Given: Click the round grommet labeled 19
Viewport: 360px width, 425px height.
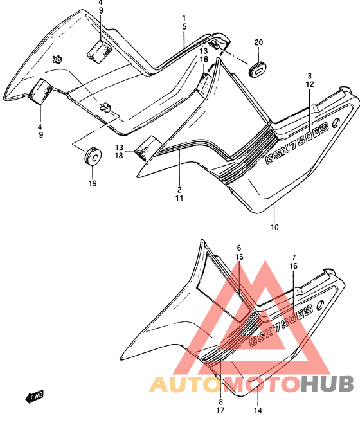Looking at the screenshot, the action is [x=93, y=156].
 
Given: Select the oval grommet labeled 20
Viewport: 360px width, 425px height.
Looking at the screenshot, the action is [x=258, y=69].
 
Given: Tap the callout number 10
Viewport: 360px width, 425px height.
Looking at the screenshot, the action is [x=274, y=227].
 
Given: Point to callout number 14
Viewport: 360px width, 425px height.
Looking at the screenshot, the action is [x=258, y=411].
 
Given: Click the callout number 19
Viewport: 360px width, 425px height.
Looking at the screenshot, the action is [x=93, y=183].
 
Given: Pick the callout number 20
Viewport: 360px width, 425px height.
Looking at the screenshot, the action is [x=258, y=42].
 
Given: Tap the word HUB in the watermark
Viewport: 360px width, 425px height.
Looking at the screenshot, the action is [x=327, y=384].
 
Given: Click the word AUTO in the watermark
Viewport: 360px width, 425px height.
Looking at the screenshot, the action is [x=184, y=384].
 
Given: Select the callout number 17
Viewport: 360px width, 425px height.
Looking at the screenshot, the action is [x=220, y=411].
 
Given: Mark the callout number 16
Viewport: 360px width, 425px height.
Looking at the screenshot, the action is [x=293, y=266].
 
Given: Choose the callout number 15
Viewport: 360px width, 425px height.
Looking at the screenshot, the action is [x=239, y=257].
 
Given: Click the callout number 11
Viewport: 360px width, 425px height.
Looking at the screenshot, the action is [x=179, y=198].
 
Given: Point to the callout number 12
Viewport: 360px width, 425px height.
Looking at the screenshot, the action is [x=310, y=85].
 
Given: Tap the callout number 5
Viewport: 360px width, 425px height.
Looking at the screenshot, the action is [x=184, y=27].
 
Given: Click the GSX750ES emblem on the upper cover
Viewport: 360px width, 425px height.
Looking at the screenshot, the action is [x=300, y=140].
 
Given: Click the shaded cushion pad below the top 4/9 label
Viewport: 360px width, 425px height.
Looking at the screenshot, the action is [x=100, y=52].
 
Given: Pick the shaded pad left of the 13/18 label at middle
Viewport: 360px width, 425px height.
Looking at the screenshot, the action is [x=148, y=149].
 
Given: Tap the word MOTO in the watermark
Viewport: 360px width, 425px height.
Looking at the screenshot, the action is [x=261, y=384].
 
